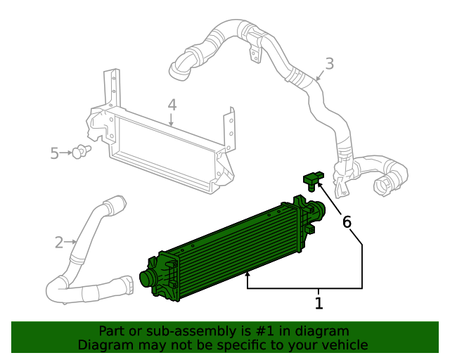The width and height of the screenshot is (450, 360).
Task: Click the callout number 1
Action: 319,304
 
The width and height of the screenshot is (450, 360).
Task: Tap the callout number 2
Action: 59,243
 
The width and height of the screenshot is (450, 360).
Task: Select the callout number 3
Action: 329,64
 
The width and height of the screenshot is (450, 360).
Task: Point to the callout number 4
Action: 172,105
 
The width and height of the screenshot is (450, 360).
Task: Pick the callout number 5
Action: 55,153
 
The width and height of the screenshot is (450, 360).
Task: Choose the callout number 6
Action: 347,222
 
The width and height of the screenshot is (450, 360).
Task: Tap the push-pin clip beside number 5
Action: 82,151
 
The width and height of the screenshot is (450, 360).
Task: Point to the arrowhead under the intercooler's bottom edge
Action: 247,276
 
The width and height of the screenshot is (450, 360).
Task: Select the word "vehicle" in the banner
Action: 345,345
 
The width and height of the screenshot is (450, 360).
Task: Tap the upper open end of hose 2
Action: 115,205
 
